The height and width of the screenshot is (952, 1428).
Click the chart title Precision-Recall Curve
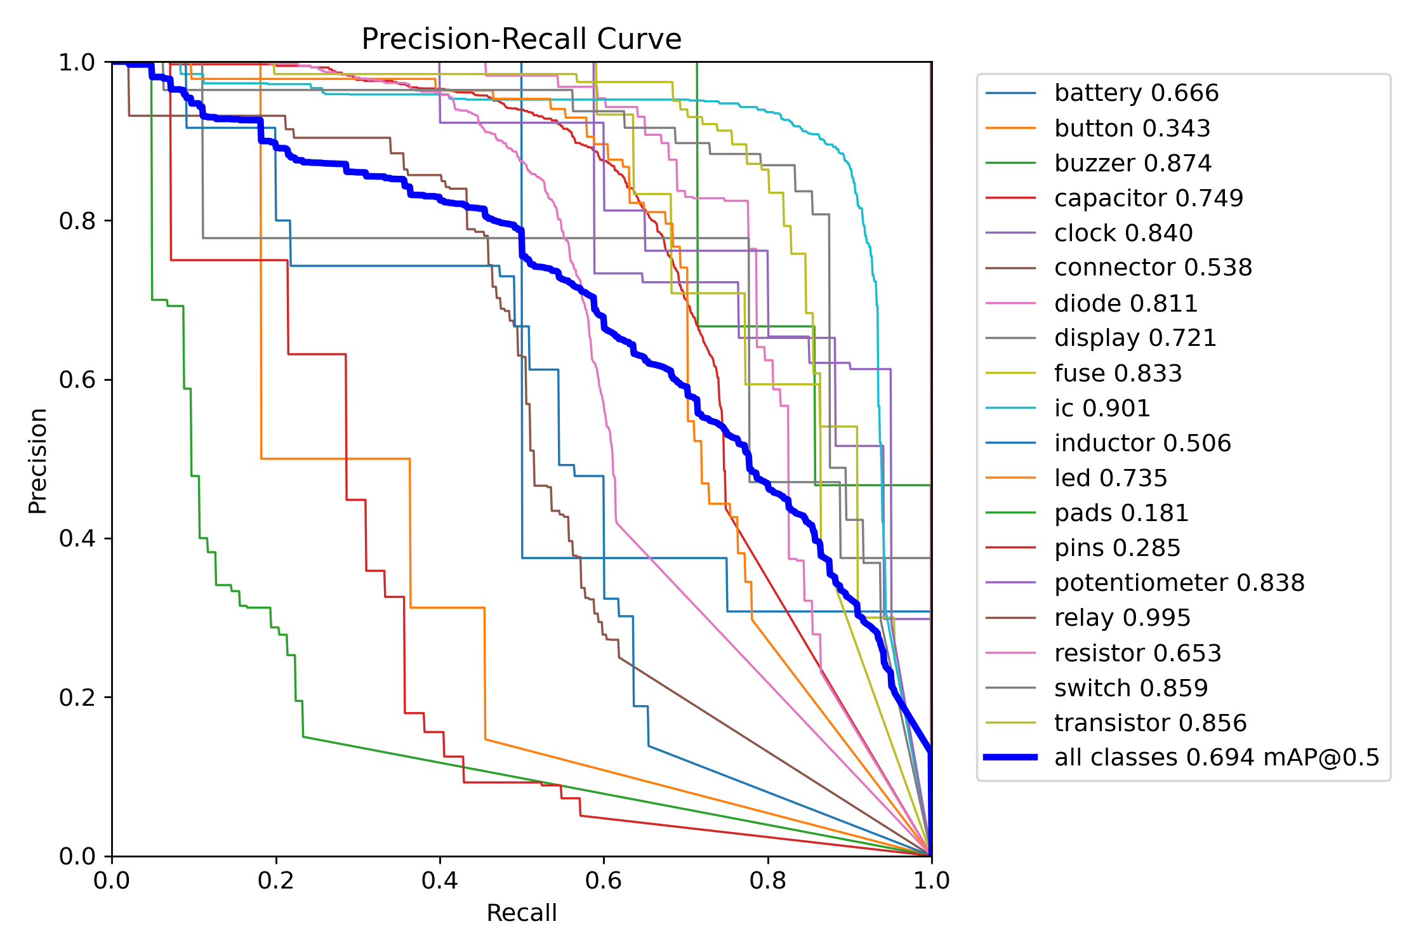521,39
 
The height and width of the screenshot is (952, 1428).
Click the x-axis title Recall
521,913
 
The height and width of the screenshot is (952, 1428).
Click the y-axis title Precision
38,460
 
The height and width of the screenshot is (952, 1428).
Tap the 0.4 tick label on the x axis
440,880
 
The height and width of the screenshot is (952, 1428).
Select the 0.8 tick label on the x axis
768,880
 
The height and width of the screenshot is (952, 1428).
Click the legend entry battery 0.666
1136,93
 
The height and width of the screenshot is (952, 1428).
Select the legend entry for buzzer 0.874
1133,163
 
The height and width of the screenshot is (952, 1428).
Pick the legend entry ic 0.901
1102,408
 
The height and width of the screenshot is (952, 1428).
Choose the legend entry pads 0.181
1121,513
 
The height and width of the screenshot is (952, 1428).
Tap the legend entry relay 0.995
1122,618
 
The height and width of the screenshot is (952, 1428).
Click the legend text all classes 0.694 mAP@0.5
1217,757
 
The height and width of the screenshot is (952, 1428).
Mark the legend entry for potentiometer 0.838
1179,583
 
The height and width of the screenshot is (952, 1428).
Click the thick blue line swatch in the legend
1010,757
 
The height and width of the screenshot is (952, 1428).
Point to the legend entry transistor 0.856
1150,723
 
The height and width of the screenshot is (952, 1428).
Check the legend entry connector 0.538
1153,268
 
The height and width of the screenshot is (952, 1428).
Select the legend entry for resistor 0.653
1137,653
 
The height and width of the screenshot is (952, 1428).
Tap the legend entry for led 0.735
1111,478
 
